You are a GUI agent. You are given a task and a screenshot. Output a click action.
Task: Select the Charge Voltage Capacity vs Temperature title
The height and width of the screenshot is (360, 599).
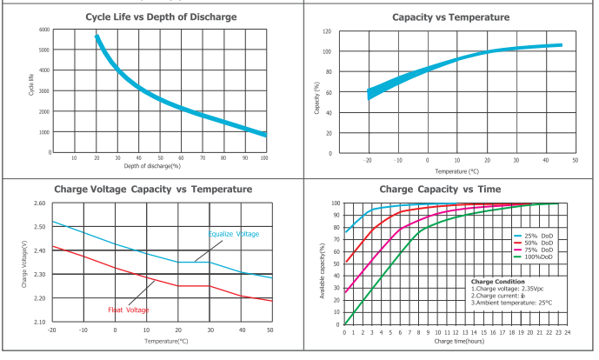[x=154, y=189]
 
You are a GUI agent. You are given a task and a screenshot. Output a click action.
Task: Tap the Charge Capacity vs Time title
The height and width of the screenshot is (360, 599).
[x=452, y=189]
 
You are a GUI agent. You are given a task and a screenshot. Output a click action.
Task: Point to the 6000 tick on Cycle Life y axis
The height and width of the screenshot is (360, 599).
[x=43, y=30]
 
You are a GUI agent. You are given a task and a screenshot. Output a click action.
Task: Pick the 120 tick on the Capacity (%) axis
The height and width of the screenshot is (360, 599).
[x=326, y=31]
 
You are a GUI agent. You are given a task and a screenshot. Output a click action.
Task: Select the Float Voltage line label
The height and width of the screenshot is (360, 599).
[x=129, y=310]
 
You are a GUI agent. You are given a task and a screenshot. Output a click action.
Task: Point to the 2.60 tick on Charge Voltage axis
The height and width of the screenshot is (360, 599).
[x=39, y=203]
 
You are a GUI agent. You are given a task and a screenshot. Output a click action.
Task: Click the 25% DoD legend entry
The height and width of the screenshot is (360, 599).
[x=536, y=235]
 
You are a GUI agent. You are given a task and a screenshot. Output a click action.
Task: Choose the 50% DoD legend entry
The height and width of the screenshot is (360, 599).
[x=536, y=243]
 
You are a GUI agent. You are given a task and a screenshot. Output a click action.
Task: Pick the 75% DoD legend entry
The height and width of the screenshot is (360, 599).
[x=536, y=250]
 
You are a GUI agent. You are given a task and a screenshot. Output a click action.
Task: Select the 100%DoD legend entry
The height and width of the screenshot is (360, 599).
[x=536, y=257]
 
